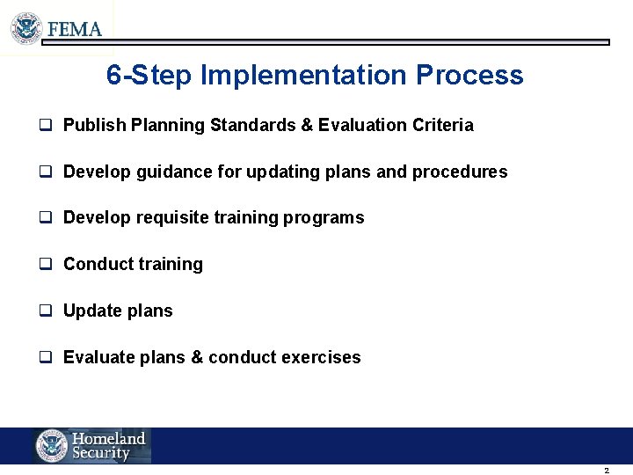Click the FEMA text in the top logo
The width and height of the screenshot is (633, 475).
(75, 29)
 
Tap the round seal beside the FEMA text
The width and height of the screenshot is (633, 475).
(26, 28)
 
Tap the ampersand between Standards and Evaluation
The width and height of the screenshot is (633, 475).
(307, 126)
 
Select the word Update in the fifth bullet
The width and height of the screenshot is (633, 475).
(92, 311)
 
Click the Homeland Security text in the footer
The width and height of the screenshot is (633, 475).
(108, 446)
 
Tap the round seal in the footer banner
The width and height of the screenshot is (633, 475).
(52, 446)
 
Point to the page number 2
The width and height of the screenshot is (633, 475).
(607, 471)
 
